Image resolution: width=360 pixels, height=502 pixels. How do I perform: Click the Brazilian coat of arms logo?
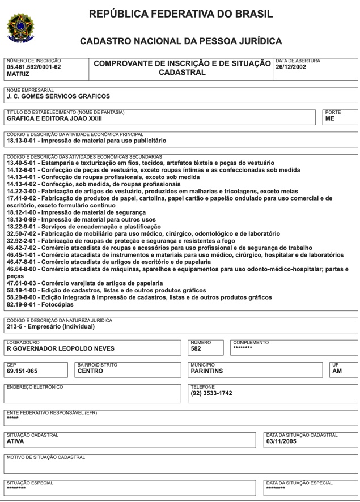[x=20, y=27]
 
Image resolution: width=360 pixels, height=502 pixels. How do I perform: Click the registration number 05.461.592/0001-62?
[x=33, y=67]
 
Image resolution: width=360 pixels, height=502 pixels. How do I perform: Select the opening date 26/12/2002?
[x=291, y=67]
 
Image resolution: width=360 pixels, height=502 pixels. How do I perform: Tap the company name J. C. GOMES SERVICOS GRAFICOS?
[x=58, y=96]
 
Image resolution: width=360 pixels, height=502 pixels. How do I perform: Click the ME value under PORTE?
[x=330, y=119]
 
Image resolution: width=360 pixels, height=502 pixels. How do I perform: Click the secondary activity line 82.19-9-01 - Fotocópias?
[x=40, y=304]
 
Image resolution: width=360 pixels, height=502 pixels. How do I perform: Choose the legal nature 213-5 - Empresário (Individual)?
[x=51, y=327]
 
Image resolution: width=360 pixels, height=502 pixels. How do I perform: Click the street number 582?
[x=196, y=349]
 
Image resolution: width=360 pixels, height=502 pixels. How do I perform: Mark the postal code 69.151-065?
[x=22, y=372]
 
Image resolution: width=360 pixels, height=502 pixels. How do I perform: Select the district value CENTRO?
[x=90, y=372]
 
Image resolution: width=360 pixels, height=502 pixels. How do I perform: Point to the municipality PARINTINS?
[x=206, y=372]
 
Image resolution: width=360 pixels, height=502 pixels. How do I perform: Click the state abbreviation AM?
[x=337, y=372]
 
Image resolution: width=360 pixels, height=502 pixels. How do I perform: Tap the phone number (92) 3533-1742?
[x=211, y=394]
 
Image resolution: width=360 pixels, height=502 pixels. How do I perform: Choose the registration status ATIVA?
[x=15, y=441]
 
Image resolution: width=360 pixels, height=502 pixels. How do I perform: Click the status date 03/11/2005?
[x=281, y=441]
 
